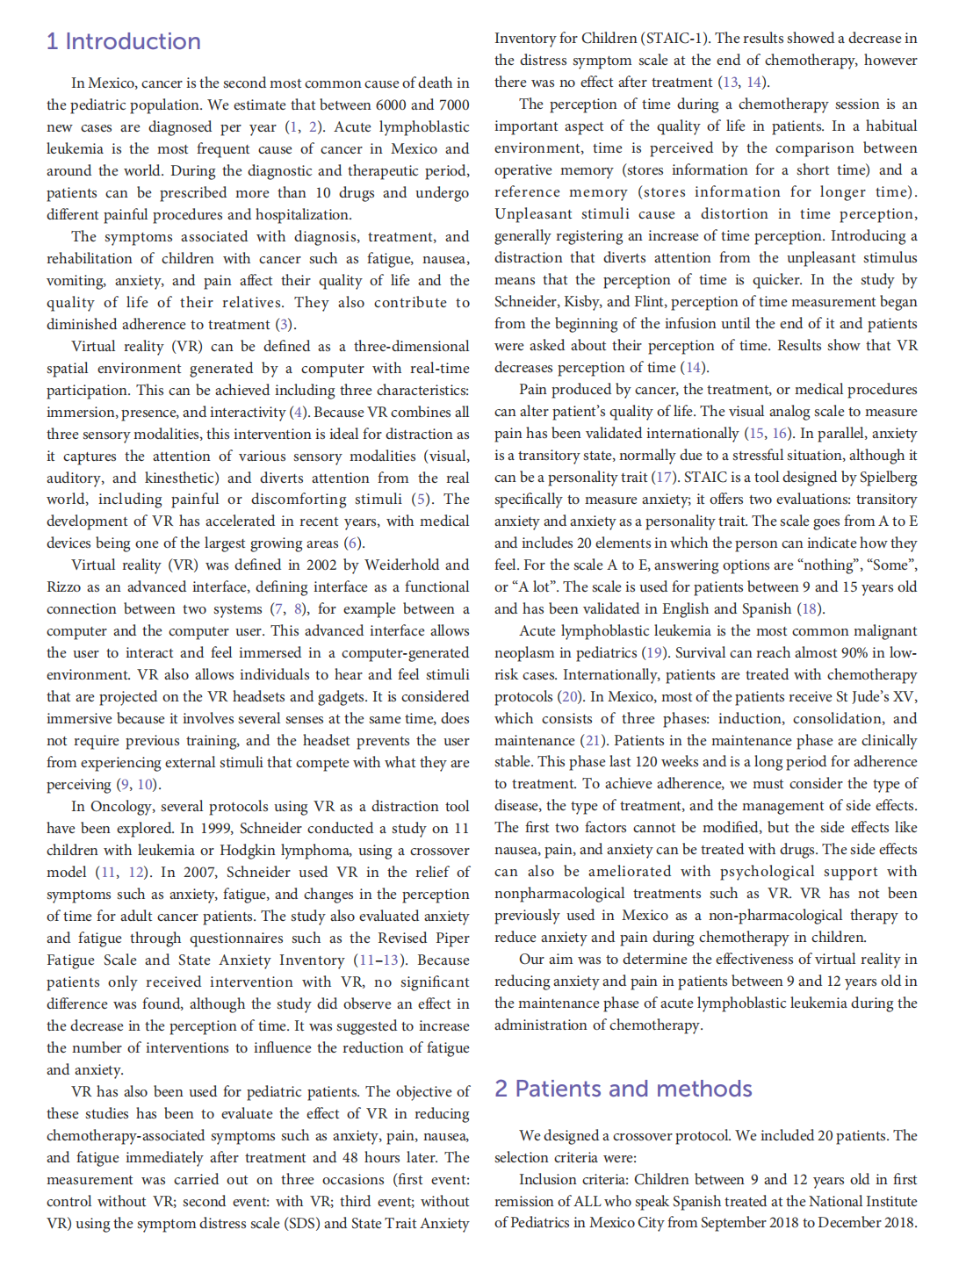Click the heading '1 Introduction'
124,41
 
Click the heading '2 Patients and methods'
624,1089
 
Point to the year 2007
198,873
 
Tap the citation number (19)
653,653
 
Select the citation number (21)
595,741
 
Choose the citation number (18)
810,609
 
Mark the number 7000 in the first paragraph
454,104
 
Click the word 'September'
762,1223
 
